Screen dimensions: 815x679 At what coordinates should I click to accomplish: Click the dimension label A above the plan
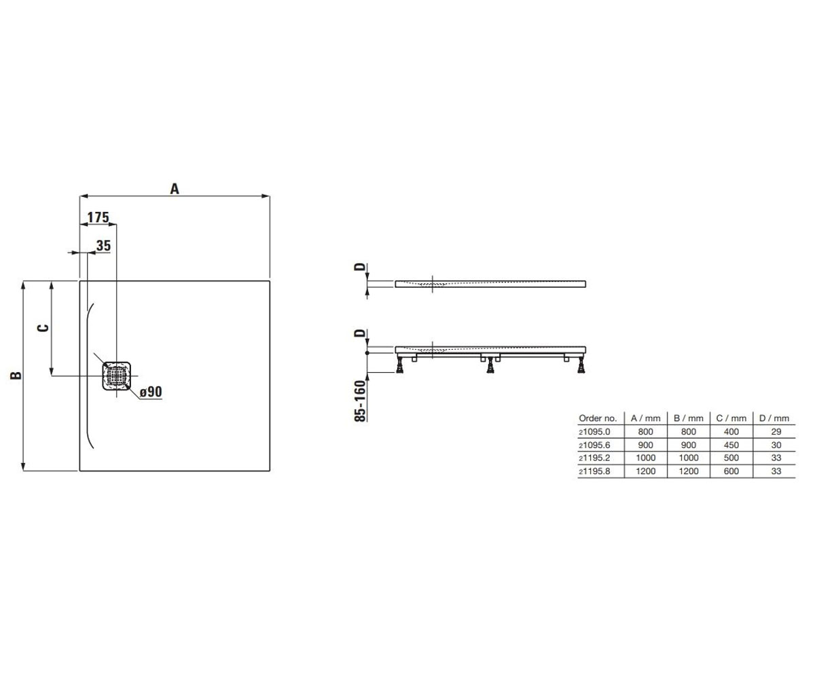pos(175,189)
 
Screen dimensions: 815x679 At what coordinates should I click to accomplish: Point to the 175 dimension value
pos(98,217)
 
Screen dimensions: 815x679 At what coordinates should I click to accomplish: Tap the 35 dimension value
pos(103,245)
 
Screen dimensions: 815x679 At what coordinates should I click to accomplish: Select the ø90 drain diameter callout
pos(151,391)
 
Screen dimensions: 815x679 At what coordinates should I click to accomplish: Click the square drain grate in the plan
pos(116,375)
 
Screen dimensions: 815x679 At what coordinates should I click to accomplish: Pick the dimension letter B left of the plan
pos(16,375)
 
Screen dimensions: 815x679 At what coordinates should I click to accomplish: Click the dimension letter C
pos(43,328)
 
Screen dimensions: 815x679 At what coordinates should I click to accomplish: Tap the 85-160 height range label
pos(361,401)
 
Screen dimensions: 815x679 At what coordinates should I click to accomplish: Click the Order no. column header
pos(598,418)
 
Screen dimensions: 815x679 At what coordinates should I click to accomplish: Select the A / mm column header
pos(646,418)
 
